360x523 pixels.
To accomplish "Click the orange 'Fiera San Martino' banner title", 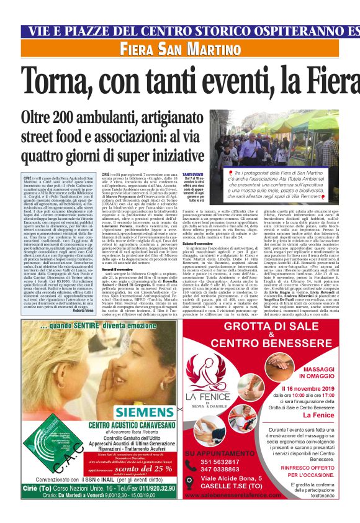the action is (172, 49).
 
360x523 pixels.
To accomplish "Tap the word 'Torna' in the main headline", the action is (59, 80).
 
